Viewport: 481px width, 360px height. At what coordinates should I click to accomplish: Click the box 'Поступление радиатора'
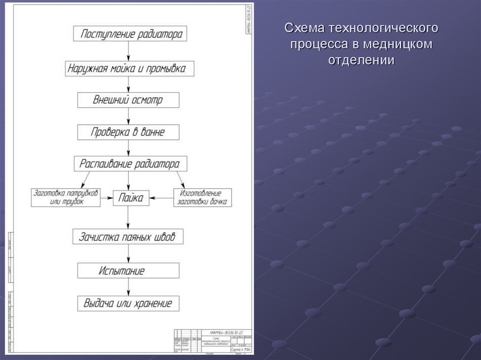tap(128, 34)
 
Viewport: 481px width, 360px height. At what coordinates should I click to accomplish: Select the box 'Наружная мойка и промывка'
tap(128, 68)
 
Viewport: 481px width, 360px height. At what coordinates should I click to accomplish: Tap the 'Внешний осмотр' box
tap(128, 100)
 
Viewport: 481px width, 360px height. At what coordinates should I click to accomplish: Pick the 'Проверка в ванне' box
tap(128, 132)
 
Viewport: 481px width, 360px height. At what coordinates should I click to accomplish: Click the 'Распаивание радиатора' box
tap(129, 164)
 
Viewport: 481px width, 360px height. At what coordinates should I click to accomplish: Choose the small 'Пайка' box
tap(131, 198)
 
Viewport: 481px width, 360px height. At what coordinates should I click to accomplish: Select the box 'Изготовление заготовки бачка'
tap(202, 198)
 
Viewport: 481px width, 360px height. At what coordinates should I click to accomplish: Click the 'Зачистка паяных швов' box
tap(128, 237)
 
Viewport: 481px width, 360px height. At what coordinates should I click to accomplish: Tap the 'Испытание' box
tap(128, 270)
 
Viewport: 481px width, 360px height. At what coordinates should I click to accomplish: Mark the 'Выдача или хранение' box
tap(128, 303)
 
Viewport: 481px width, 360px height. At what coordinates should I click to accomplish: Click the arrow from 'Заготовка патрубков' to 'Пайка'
tap(107, 198)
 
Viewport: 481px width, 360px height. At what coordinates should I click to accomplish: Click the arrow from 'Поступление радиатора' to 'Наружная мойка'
tap(128, 51)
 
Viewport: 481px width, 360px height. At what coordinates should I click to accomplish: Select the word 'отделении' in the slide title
tap(360, 60)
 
